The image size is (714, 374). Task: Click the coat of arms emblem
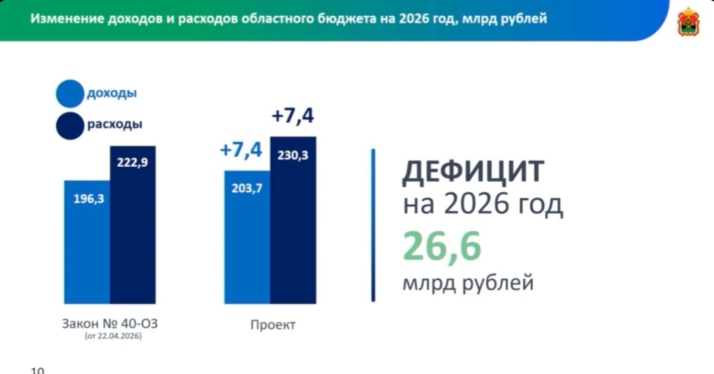(x=688, y=22)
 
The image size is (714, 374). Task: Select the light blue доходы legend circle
(x=70, y=94)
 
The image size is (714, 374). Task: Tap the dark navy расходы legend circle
(x=70, y=126)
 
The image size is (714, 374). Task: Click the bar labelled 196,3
(x=87, y=242)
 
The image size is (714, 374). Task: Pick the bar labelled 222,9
(x=133, y=225)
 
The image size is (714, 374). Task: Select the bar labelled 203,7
(x=247, y=237)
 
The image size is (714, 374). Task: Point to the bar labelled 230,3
(x=293, y=220)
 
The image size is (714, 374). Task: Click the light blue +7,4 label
(x=241, y=150)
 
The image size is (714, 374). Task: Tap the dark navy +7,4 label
(x=293, y=116)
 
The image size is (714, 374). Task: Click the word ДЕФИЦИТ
(x=473, y=172)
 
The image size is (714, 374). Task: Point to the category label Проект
(x=273, y=325)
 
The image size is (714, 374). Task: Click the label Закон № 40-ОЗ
(x=110, y=324)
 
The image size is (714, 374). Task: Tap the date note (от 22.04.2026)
(x=113, y=336)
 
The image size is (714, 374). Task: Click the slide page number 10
(x=37, y=371)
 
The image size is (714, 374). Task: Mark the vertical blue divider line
(x=373, y=225)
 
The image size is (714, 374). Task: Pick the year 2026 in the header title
(x=413, y=18)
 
